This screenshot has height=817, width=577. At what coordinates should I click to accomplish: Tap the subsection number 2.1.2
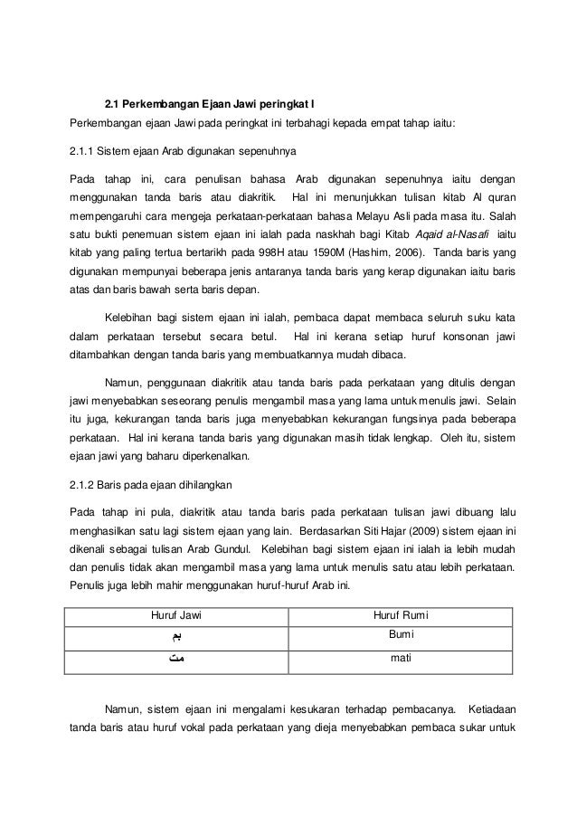tap(84, 481)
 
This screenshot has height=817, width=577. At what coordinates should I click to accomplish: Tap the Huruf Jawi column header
tap(175, 617)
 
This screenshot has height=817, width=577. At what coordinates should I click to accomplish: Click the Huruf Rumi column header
tap(402, 617)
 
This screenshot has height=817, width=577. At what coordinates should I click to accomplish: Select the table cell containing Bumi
tap(402, 637)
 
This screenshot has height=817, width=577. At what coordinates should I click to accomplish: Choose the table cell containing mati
tap(402, 659)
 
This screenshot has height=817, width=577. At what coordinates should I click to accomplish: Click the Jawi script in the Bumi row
tap(175, 639)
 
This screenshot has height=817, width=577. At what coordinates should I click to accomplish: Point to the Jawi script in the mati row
tap(175, 660)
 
